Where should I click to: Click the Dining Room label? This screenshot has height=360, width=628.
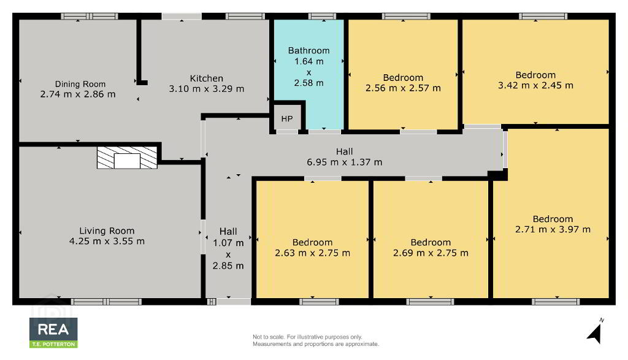80,84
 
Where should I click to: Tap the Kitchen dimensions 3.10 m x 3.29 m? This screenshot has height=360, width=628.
206,89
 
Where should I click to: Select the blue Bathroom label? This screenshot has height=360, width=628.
309,50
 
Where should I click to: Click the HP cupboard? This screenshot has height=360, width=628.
287,118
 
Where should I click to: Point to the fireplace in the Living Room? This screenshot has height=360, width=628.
127,158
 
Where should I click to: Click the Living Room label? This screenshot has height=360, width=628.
107,231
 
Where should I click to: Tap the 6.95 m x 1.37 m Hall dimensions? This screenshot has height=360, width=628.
345,162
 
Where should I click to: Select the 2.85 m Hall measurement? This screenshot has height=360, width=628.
228,266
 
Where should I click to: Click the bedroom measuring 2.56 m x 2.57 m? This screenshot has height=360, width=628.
403,75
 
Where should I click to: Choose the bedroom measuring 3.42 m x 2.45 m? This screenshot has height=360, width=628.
536,72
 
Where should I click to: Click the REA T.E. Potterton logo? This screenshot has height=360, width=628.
53,332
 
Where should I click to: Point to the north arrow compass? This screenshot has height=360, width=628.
595,332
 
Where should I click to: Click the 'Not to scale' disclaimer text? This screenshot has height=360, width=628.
316,340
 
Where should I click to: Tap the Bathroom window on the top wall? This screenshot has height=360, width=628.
322,17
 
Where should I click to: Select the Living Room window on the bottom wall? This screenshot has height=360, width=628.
106,302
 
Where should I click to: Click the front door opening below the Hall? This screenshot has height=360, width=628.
234,302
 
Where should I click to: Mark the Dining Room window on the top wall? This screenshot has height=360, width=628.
90,17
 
